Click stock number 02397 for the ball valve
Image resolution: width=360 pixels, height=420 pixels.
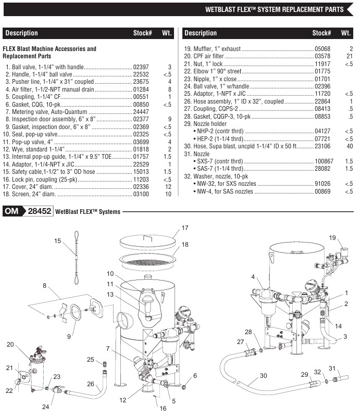tap(141, 67)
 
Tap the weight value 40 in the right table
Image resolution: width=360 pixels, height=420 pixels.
tap(350, 147)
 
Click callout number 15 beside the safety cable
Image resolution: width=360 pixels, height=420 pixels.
tap(58, 240)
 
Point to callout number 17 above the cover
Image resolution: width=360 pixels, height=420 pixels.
tap(184, 228)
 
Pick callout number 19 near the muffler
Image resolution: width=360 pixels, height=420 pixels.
tap(332, 237)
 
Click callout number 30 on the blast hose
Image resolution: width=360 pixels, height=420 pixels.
tap(263, 375)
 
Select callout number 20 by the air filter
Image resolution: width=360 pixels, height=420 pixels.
tap(10, 344)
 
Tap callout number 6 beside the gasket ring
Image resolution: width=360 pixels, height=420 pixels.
tap(195, 375)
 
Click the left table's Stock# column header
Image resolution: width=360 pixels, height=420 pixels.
tap(142, 33)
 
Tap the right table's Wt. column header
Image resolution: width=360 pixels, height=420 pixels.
tap(345, 33)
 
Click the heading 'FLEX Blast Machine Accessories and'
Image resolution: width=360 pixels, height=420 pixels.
tap(49, 49)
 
